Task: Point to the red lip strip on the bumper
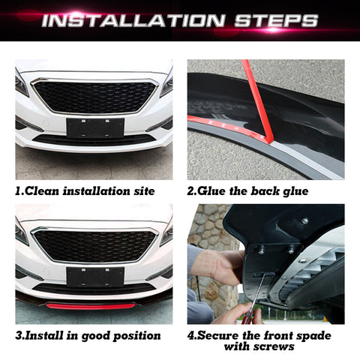(91, 306)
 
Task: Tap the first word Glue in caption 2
(212, 191)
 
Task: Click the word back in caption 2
(265, 191)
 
